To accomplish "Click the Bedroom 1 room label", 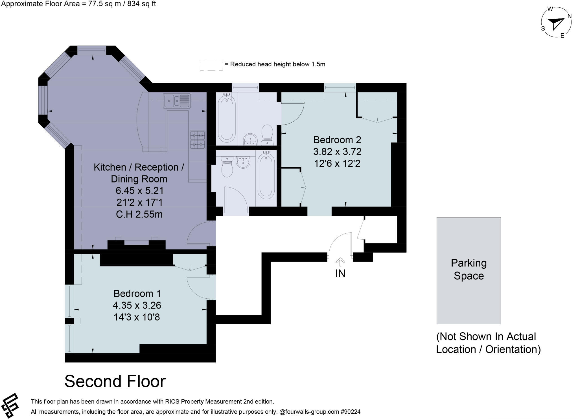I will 137,294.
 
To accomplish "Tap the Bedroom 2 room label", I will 337,140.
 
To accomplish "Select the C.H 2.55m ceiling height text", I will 139,214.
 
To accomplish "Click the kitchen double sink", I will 177,101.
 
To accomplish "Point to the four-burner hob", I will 198,140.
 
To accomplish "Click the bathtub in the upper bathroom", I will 227,118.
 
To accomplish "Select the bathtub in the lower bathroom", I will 266,175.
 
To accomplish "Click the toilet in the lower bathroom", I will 227,167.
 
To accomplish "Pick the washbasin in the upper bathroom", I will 250,139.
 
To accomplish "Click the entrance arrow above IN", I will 340,262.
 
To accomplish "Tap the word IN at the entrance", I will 340,273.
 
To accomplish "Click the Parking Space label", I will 468,269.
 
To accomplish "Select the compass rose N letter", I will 570,16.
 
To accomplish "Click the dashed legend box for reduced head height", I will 211,64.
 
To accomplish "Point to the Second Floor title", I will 115,381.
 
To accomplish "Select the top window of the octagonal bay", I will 92,51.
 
